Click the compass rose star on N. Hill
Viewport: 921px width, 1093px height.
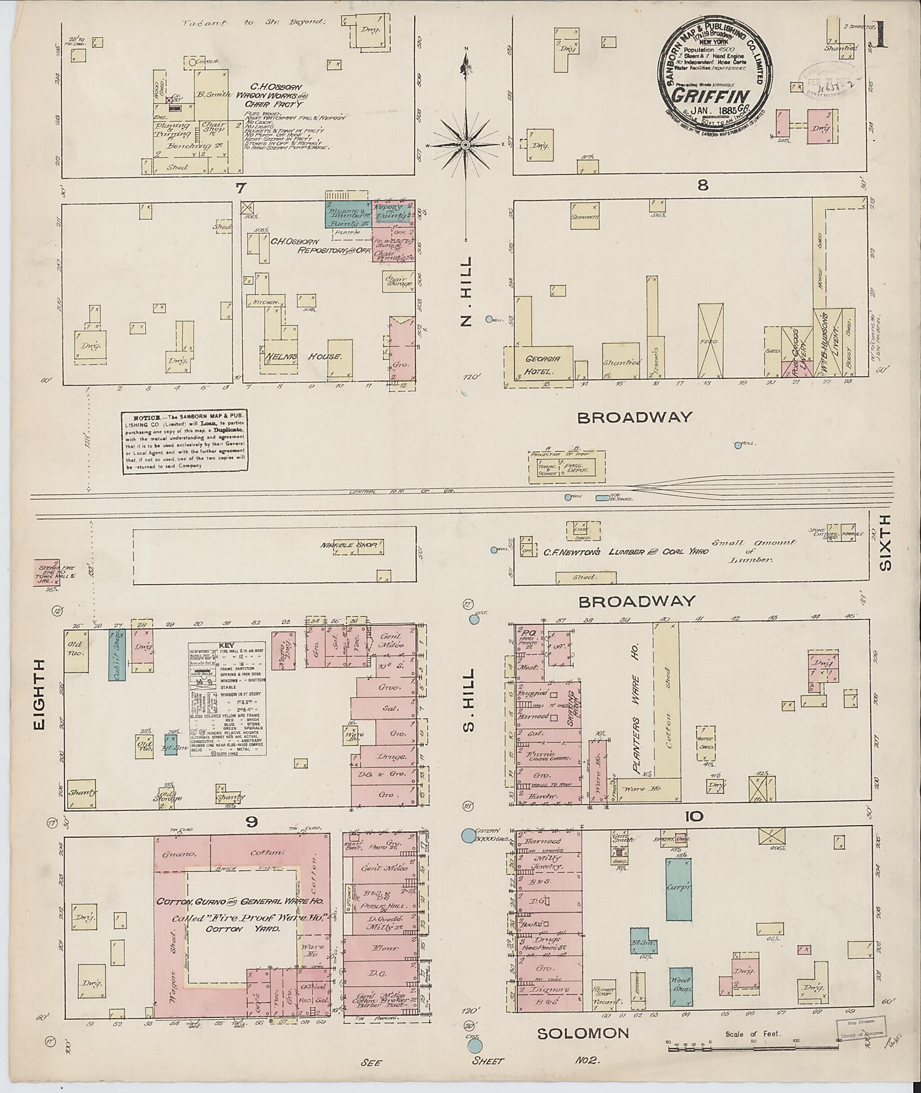[x=465, y=144]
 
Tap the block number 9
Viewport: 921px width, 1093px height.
[x=252, y=821]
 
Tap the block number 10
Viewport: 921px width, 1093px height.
[x=700, y=815]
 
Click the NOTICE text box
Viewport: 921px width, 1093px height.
[x=185, y=442]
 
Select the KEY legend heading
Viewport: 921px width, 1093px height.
[x=228, y=645]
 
